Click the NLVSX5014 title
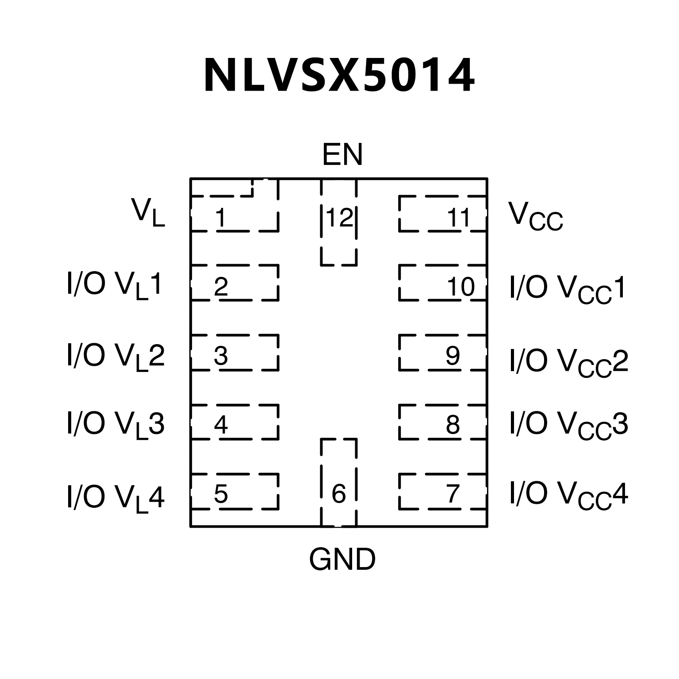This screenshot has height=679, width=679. (x=339, y=76)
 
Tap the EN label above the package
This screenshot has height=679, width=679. (x=342, y=155)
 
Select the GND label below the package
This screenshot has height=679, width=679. (x=342, y=560)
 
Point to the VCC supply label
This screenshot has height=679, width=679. (x=535, y=217)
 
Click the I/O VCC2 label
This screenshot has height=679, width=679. (x=569, y=362)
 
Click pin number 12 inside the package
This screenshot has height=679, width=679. (x=339, y=218)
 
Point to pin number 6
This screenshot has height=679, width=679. (x=338, y=494)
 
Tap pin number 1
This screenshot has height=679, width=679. (x=220, y=218)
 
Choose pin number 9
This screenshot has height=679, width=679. (x=453, y=355)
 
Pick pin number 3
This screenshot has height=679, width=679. (x=220, y=355)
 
